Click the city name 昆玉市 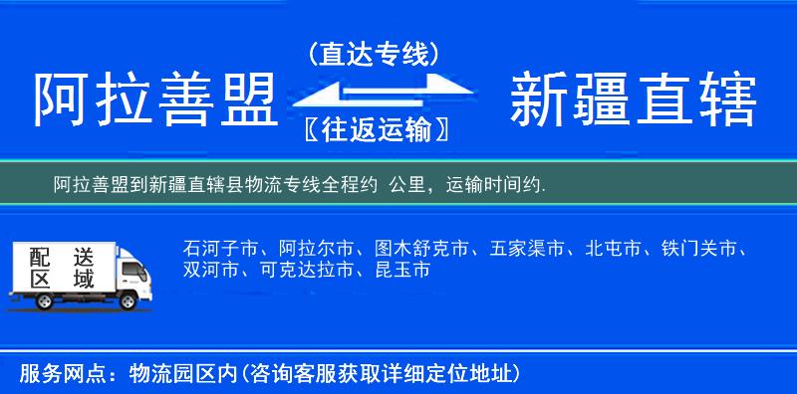pyautogui.click(x=402, y=270)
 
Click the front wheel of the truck pyautogui.click(x=129, y=301)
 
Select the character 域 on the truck pyautogui.click(x=84, y=280)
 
